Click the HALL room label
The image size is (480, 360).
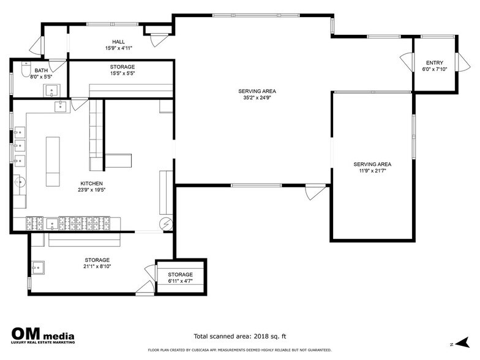(119, 42)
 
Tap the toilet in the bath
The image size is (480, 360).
(26, 69)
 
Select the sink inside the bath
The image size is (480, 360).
(51, 91)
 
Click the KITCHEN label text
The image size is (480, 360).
(92, 184)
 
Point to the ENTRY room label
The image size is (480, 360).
(435, 62)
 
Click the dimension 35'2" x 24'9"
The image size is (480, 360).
(257, 98)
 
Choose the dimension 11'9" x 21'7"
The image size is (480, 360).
(372, 171)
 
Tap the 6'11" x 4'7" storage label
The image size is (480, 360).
(180, 281)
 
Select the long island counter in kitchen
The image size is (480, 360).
(53, 162)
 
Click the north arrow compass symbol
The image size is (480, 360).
(462, 343)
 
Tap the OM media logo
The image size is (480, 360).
(43, 336)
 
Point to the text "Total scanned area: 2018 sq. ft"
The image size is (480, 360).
(240, 337)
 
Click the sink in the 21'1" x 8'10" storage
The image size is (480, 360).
(38, 267)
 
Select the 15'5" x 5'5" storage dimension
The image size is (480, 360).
(122, 73)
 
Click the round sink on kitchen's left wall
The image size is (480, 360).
(20, 182)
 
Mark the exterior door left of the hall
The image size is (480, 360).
(36, 47)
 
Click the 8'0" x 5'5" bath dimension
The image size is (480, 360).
(40, 77)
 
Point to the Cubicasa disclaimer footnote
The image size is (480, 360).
(240, 350)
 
